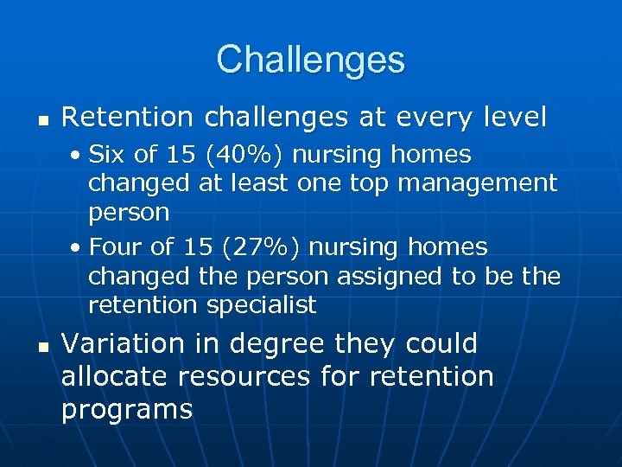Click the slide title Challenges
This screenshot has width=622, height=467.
point(310,60)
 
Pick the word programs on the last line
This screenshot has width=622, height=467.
point(126,410)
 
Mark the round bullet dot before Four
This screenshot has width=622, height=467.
point(77,248)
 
